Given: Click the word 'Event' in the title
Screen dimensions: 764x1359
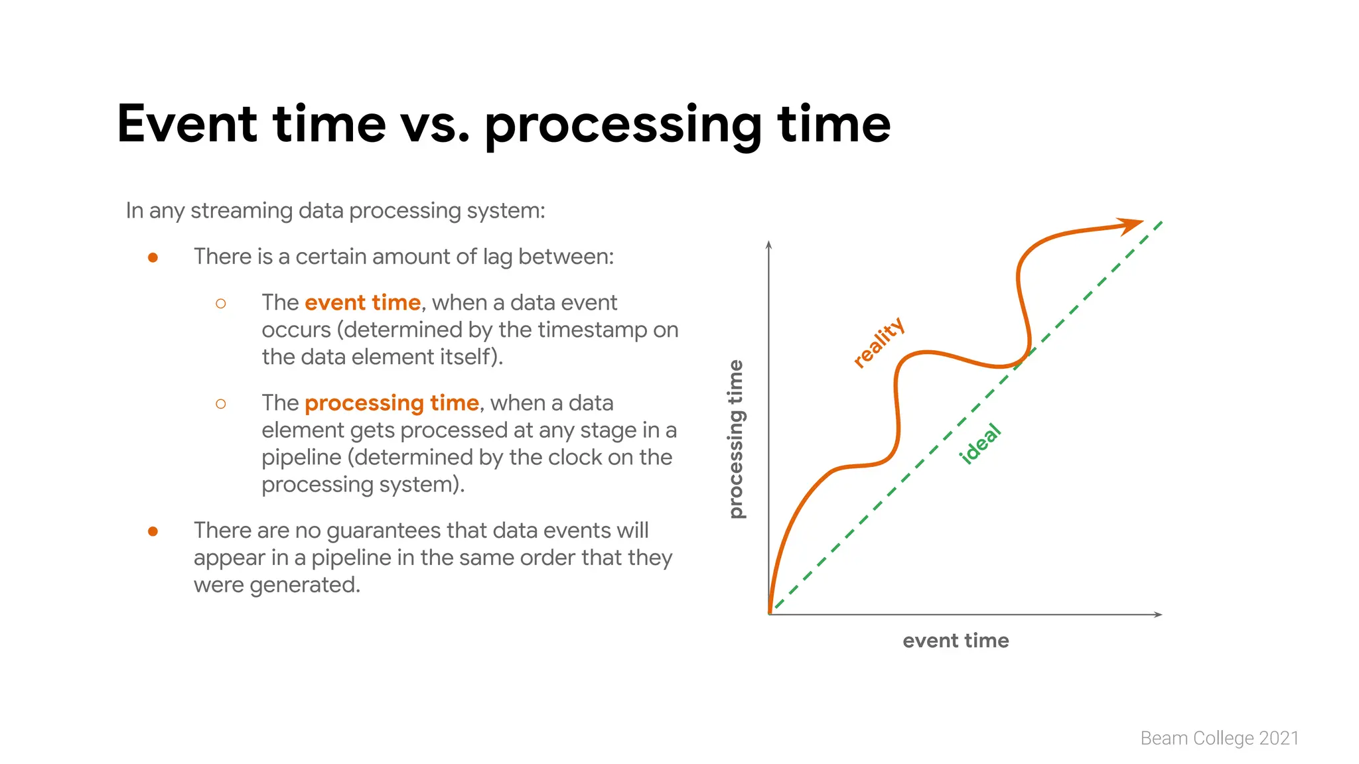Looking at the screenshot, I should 186,124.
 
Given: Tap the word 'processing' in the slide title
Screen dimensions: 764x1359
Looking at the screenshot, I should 622,126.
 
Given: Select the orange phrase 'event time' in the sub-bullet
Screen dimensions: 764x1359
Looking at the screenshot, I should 362,302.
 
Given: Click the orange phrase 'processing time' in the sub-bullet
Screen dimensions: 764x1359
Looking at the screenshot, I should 392,403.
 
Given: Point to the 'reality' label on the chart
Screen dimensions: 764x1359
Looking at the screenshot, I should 879,342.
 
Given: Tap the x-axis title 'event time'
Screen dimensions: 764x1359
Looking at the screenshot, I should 955,641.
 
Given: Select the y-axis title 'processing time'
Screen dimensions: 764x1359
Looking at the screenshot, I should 736,439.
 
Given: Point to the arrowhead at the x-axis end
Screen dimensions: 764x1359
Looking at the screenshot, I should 1158,614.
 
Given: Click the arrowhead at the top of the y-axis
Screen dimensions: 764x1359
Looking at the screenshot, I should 768,245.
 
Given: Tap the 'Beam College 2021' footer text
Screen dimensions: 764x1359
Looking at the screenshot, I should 1219,738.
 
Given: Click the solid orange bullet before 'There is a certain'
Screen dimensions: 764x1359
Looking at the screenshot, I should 153,257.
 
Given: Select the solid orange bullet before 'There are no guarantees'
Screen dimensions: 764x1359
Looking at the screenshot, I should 153,531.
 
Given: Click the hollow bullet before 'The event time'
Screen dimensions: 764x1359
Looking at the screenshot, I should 221,304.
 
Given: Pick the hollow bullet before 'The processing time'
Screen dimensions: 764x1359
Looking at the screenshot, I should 221,404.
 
